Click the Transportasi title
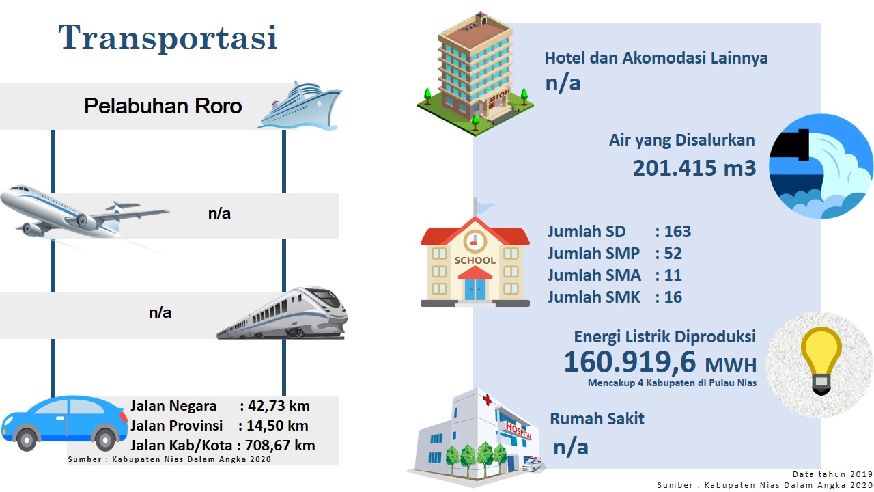(x=168, y=37)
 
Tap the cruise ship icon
(x=300, y=105)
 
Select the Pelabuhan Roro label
(x=163, y=106)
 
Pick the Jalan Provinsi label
(x=176, y=425)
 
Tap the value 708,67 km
(x=280, y=446)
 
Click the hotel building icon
(x=475, y=74)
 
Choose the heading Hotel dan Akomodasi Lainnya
(x=656, y=58)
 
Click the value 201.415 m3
(x=694, y=168)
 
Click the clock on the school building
(x=475, y=242)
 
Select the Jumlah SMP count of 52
(x=673, y=254)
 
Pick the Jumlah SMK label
(x=593, y=297)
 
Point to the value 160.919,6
(x=630, y=362)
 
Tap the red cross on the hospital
(x=487, y=400)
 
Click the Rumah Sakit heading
(x=597, y=419)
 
